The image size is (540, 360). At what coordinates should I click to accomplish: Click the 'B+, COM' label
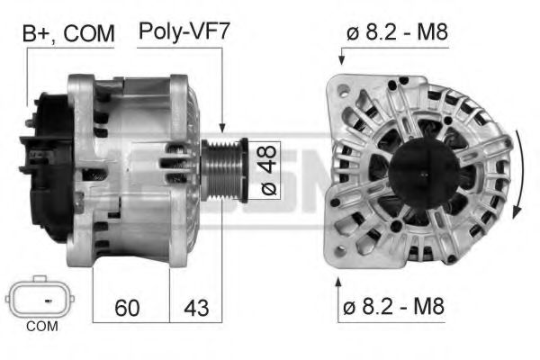68,34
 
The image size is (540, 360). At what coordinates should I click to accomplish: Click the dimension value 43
196,308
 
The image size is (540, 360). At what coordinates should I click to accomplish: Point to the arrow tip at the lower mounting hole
339,278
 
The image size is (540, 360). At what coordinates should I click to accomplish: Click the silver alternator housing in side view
135,171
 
